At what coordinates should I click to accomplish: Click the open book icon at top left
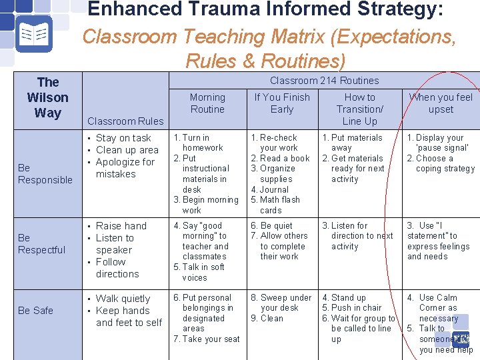click(x=31, y=34)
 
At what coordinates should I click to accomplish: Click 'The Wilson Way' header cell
click(x=47, y=97)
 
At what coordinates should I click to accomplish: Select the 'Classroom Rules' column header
click(x=125, y=121)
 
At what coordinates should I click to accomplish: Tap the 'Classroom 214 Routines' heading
click(x=324, y=81)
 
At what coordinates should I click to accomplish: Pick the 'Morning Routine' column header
click(x=207, y=103)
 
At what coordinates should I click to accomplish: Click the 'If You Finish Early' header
click(x=281, y=103)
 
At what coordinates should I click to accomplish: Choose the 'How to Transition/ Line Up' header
click(x=359, y=109)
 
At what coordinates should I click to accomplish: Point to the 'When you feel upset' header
click(x=441, y=103)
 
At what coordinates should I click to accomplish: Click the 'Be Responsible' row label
click(x=45, y=174)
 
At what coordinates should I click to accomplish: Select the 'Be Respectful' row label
click(x=41, y=244)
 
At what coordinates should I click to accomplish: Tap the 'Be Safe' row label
click(x=35, y=311)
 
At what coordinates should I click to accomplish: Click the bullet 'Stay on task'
click(x=123, y=138)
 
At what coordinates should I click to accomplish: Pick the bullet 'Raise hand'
click(x=121, y=226)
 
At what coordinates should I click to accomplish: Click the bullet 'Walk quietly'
click(x=123, y=299)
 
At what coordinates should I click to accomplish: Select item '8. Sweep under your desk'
click(x=281, y=303)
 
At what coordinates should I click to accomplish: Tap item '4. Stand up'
click(x=344, y=297)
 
